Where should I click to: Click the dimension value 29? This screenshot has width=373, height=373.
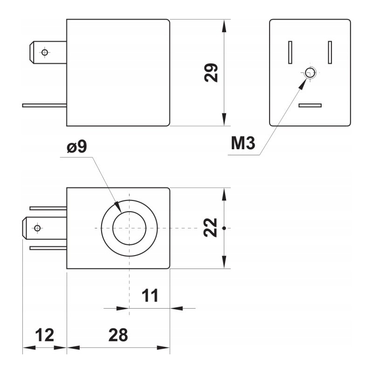pyautogui.click(x=212, y=72)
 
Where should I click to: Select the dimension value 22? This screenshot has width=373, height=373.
pyautogui.click(x=212, y=228)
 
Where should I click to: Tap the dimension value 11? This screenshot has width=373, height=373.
pyautogui.click(x=150, y=296)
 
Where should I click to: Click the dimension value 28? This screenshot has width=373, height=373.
pyautogui.click(x=118, y=335)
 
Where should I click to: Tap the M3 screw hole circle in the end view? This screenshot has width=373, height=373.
pyautogui.click(x=310, y=73)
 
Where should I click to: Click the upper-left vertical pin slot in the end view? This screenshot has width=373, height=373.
pyautogui.click(x=290, y=52)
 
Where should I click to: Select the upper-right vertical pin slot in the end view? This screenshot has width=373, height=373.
pyautogui.click(x=330, y=52)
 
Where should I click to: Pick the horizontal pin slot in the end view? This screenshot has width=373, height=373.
pyautogui.click(x=310, y=105)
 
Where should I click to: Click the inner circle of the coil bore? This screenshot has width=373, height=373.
pyautogui.click(x=130, y=228)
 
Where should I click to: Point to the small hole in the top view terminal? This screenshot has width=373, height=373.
pyautogui.click(x=45, y=52)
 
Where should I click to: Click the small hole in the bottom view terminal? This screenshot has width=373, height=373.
pyautogui.click(x=38, y=228)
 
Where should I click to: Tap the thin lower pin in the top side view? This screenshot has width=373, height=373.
pyautogui.click(x=44, y=105)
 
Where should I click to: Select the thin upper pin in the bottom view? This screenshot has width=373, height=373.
pyautogui.click(x=48, y=208)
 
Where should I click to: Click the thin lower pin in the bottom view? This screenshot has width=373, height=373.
pyautogui.click(x=48, y=248)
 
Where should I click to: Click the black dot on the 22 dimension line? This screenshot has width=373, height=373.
pyautogui.click(x=225, y=228)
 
